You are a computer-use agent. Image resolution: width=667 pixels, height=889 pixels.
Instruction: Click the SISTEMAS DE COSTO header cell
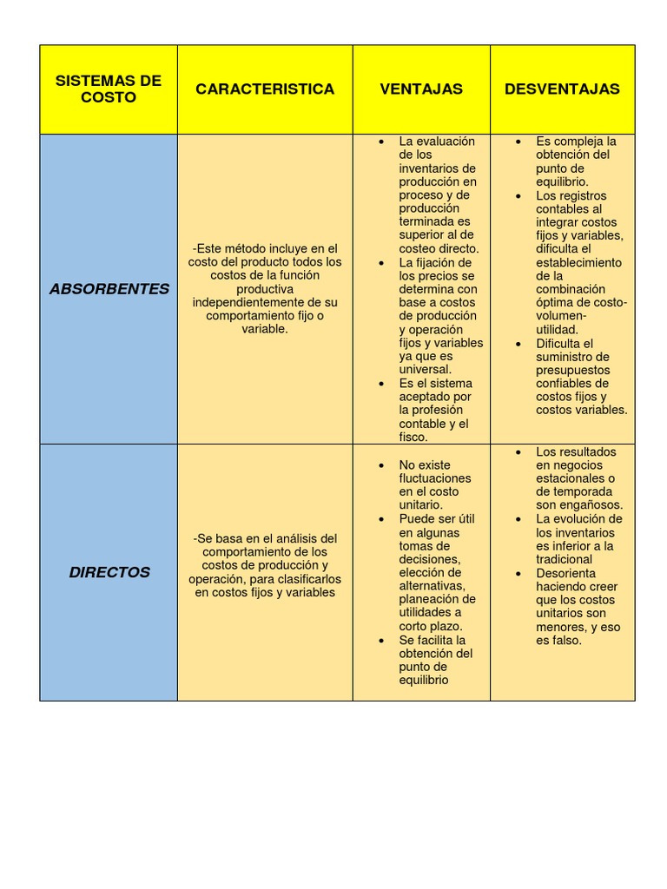tap(109, 89)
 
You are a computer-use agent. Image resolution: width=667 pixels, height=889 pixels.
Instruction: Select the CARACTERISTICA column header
tap(265, 89)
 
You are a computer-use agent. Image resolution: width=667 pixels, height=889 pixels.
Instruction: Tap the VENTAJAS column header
tap(421, 89)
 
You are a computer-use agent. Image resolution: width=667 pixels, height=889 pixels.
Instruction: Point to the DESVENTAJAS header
tap(562, 89)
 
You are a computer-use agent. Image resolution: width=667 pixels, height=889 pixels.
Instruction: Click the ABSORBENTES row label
tap(109, 288)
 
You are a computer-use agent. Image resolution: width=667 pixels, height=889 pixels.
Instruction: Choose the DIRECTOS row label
tap(109, 572)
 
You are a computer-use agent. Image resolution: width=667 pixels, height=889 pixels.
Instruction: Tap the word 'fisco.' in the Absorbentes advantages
tap(413, 437)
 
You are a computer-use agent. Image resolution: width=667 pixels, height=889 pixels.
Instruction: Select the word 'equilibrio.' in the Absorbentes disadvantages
tap(562, 181)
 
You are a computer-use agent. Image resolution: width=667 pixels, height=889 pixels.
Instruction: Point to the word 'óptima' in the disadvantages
tap(554, 302)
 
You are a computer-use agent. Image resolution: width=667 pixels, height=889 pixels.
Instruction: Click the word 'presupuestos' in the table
tap(572, 370)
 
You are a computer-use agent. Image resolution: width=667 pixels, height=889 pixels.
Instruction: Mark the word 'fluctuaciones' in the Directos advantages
tap(435, 478)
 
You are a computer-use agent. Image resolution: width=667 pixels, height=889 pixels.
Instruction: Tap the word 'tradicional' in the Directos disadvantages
tap(565, 559)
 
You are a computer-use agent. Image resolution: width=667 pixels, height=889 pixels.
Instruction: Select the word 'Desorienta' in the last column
tap(565, 573)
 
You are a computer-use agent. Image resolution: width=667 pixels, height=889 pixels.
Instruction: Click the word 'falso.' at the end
tap(565, 640)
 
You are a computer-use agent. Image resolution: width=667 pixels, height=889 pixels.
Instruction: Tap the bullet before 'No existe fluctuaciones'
tap(381, 465)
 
